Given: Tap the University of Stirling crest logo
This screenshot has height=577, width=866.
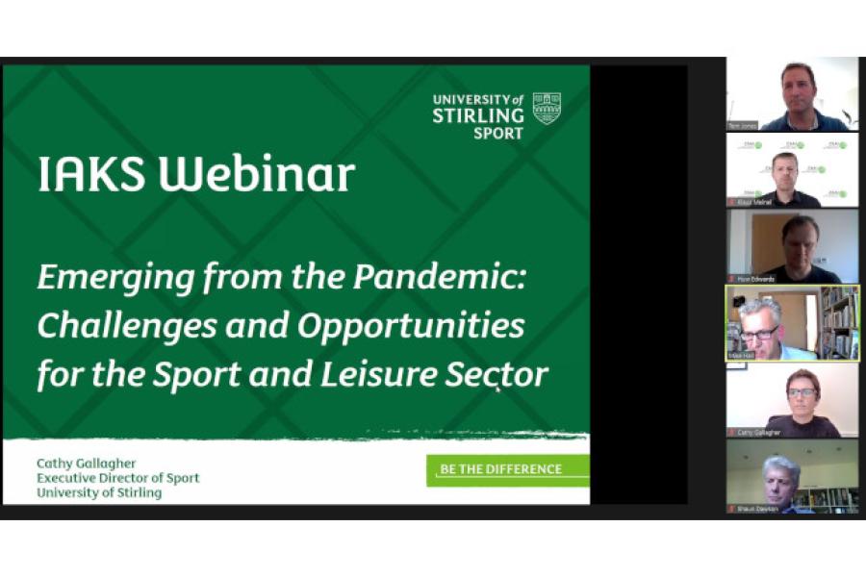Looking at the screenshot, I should pyautogui.click(x=547, y=108).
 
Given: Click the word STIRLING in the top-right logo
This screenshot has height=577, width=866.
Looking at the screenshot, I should pyautogui.click(x=477, y=116).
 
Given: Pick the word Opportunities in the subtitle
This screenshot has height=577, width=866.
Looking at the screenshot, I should pyautogui.click(x=411, y=327).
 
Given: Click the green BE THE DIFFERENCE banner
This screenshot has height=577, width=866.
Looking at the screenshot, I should pyautogui.click(x=507, y=469).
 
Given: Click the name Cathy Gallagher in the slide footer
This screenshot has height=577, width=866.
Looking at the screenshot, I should pyautogui.click(x=87, y=464).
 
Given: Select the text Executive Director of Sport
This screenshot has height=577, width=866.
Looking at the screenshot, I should pyautogui.click(x=117, y=478).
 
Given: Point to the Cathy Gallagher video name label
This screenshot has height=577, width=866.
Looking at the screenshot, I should pyautogui.click(x=759, y=433).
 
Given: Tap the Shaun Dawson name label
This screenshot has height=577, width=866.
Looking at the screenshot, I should pyautogui.click(x=757, y=509).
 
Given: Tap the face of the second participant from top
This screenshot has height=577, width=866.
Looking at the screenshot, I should pyautogui.click(x=785, y=170).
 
